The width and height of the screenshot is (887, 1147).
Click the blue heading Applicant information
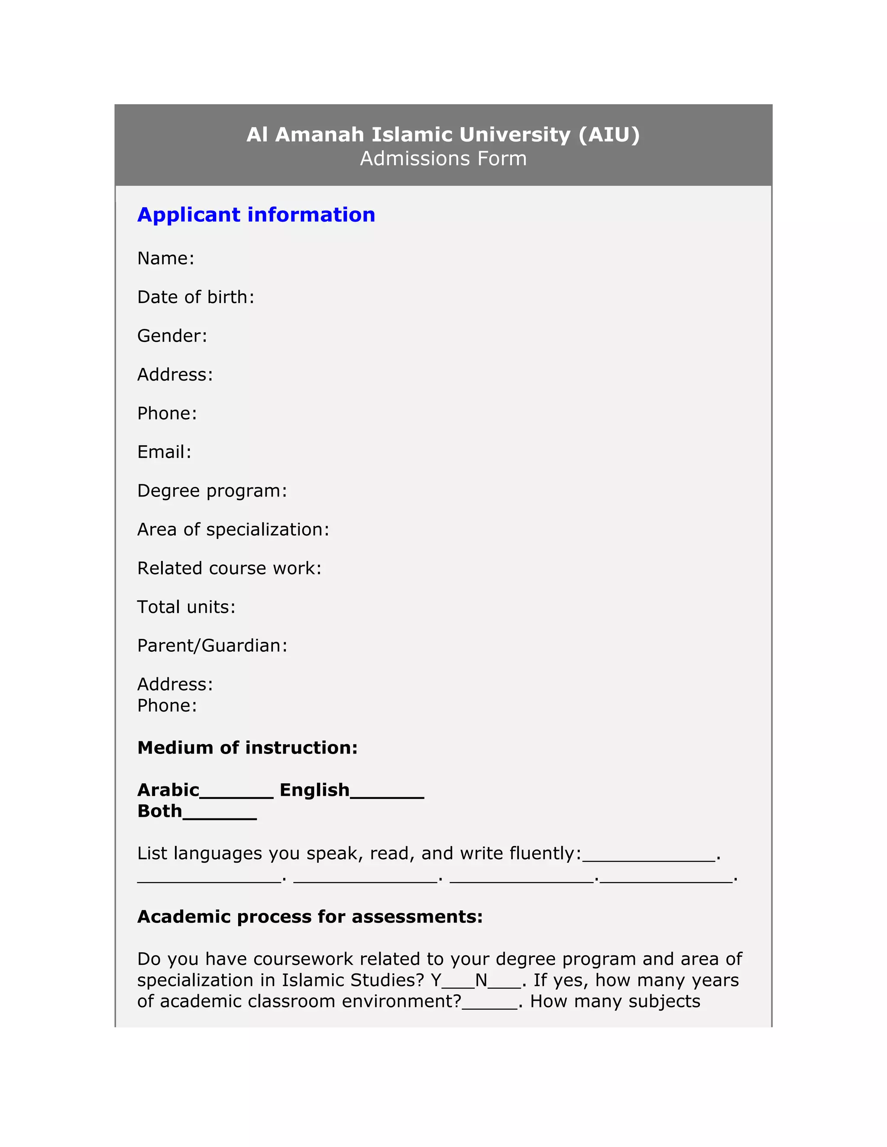pos(256,215)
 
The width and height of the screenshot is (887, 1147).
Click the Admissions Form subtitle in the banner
pos(443,158)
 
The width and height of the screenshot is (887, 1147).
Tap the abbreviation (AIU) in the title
pos(609,135)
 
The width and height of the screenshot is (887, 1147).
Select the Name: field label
pos(165,258)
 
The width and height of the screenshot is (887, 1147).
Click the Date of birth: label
pos(195,297)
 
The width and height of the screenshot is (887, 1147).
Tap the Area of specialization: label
pos(233,529)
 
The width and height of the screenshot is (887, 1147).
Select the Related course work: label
pos(229,568)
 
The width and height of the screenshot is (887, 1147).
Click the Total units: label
pos(186,607)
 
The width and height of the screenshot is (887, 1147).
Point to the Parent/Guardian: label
pos(212,645)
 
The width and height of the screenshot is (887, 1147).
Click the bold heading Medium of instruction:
pos(247,748)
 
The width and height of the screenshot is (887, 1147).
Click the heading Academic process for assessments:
pos(310,917)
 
